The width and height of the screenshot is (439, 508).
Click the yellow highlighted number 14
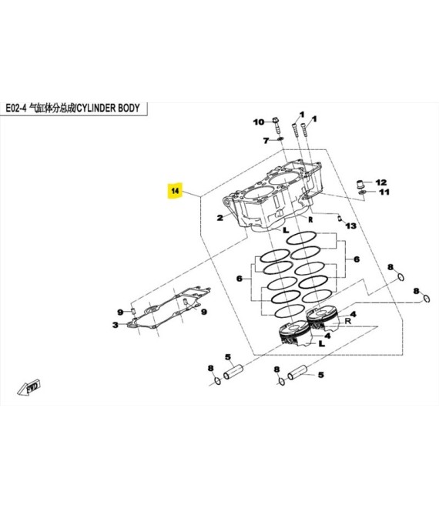pyautogui.click(x=175, y=191)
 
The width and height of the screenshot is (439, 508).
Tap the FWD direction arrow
pyautogui.click(x=29, y=387)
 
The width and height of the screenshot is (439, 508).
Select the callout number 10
pyautogui.click(x=259, y=122)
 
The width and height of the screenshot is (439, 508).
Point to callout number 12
pyautogui.click(x=381, y=182)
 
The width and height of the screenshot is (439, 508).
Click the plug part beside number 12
pyautogui.click(x=360, y=184)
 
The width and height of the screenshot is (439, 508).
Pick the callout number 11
pyautogui.click(x=384, y=192)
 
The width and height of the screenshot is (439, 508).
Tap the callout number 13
pyautogui.click(x=350, y=226)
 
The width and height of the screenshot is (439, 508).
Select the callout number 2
pyautogui.click(x=220, y=218)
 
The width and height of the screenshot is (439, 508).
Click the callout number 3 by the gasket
pyautogui.click(x=116, y=325)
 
